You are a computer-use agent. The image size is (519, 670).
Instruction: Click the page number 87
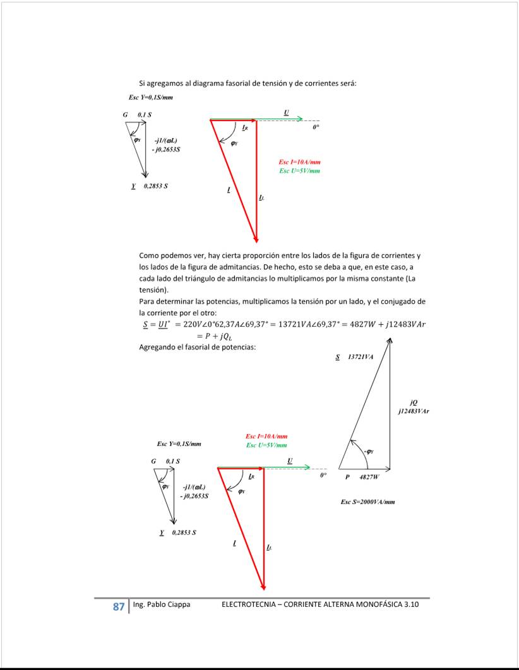pos(118,607)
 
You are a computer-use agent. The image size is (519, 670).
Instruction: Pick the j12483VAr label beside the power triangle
pos(414,411)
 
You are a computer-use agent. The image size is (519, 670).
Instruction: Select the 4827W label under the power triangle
pos(369,478)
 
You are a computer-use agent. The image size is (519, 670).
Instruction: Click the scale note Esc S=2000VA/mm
pos(367,502)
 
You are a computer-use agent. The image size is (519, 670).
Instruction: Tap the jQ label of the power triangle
pos(414,403)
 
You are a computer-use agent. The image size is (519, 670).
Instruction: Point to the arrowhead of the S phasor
pos(390,341)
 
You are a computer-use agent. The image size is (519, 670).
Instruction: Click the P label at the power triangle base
pos(347,478)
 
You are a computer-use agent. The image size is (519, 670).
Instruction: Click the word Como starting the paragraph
pos(150,256)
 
